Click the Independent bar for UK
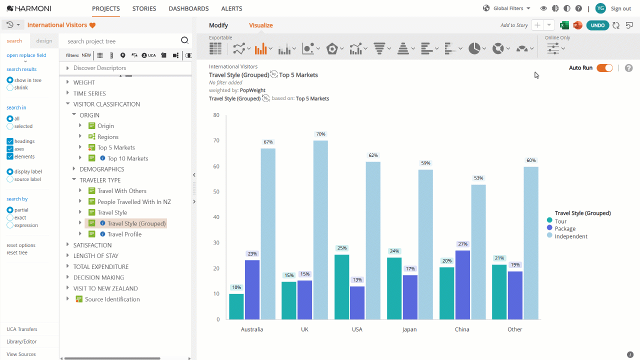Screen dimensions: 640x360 (320, 229)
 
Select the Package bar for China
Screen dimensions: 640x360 (462, 285)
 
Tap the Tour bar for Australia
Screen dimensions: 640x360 (236, 306)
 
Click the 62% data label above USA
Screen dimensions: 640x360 (373, 155)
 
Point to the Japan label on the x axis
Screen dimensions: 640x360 (409, 329)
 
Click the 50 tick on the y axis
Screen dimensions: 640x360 (216, 191)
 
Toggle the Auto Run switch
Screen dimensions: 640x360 (604, 68)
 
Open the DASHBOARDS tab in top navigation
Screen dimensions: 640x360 (188, 8)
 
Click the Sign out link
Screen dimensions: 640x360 (621, 8)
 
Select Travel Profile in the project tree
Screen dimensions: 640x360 (124, 234)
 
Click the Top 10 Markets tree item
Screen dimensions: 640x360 (127, 158)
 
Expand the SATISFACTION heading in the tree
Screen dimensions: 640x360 (67, 245)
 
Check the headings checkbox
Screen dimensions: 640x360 (10, 141)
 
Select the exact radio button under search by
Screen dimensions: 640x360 (10, 217)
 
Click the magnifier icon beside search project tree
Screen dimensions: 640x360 (185, 40)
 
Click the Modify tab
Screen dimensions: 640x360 (218, 25)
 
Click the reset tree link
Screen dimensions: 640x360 (17, 253)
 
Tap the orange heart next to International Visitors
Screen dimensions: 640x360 (92, 25)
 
